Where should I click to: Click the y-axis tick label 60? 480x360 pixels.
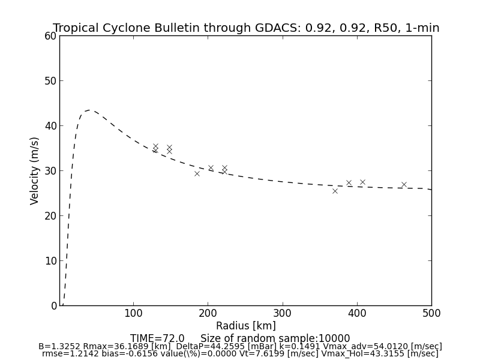click(50, 36)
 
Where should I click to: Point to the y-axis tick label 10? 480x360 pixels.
click(50, 261)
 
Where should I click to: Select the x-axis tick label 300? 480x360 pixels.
click(282, 313)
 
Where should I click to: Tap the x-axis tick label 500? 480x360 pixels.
click(431, 313)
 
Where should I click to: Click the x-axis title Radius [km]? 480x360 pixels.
click(246, 326)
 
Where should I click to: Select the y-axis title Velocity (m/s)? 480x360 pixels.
click(35, 170)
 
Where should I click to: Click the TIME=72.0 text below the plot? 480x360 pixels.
click(157, 338)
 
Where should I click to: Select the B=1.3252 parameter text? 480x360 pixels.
click(59, 347)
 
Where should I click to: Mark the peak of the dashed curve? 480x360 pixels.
click(89, 110)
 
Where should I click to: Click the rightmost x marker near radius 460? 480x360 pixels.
click(404, 185)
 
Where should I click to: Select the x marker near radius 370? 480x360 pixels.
click(335, 191)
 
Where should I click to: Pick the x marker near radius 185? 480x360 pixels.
click(197, 173)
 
